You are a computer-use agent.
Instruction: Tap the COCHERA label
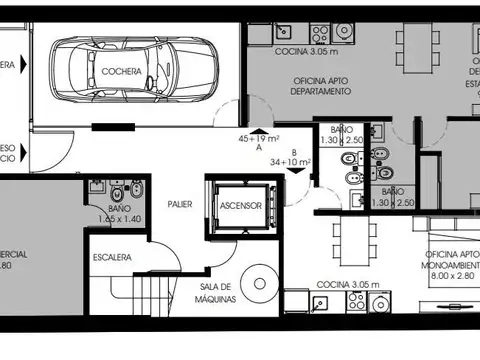120,72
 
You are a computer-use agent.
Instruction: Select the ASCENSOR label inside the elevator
241,206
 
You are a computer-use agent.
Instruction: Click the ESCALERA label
113,257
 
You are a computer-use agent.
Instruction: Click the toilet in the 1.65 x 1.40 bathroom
115,191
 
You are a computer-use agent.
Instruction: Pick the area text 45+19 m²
259,138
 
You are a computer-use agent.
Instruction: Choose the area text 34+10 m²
292,161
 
